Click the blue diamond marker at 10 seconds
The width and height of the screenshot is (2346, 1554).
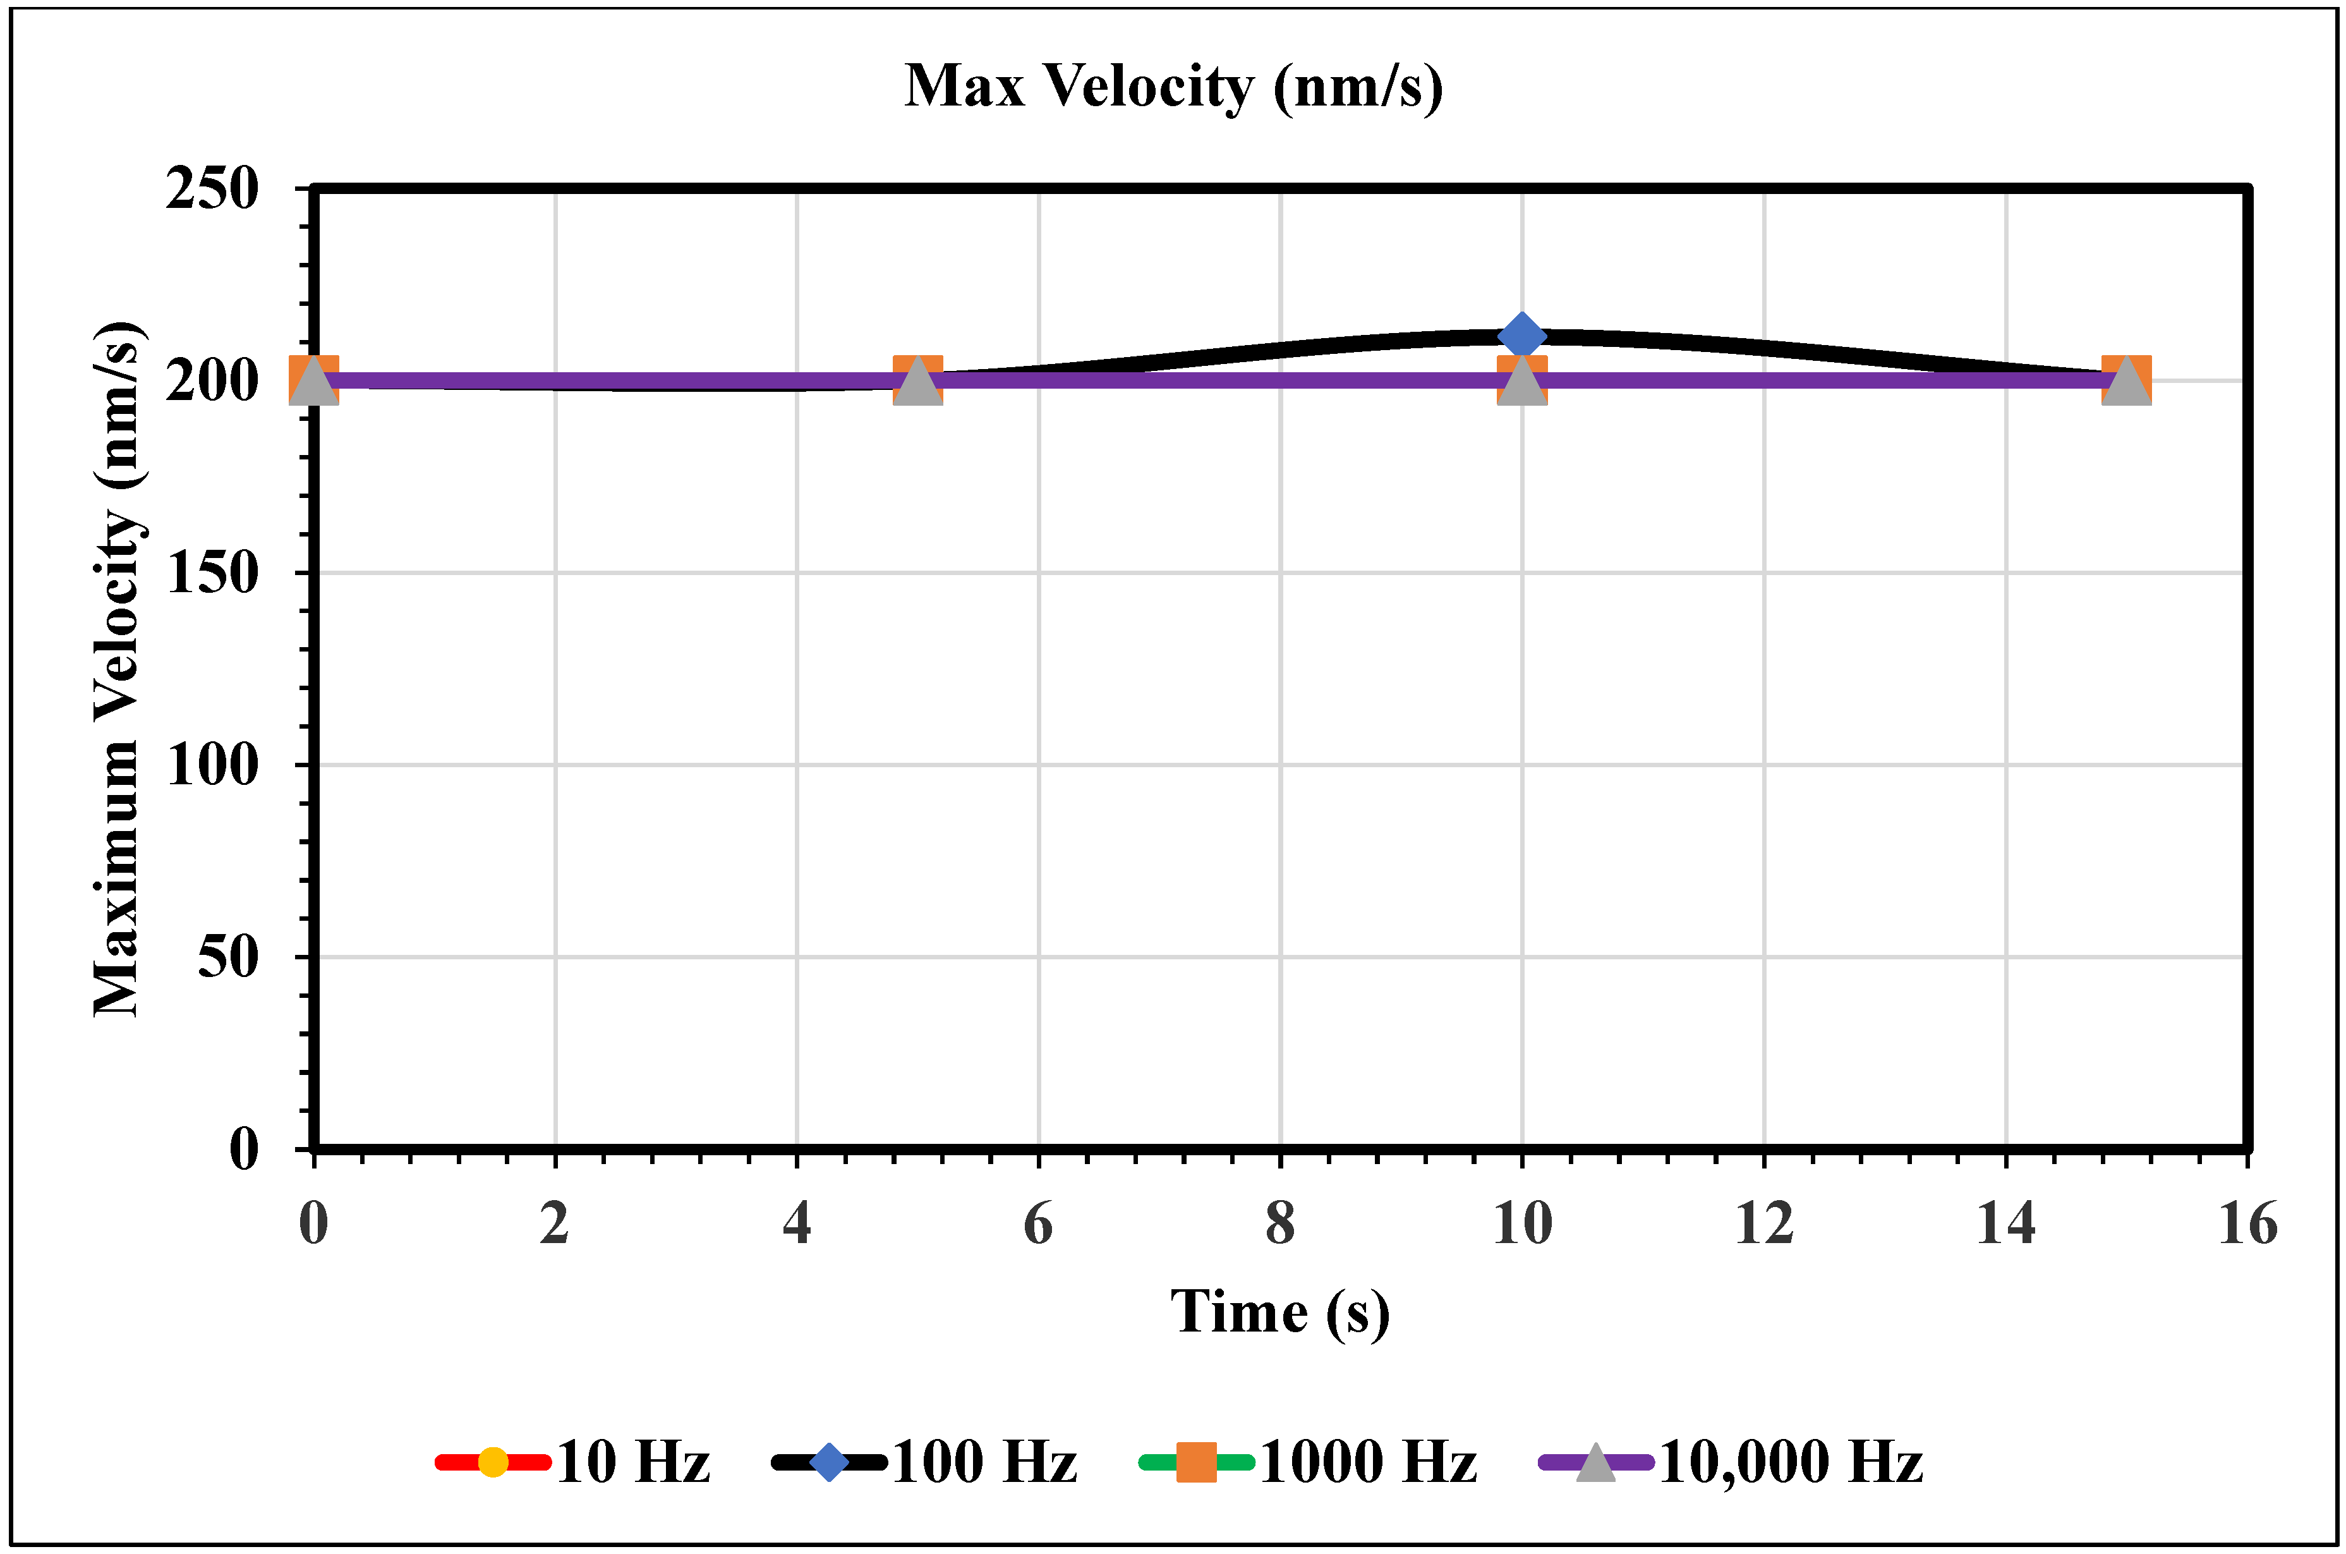1521,336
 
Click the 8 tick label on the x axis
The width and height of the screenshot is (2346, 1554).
1280,1224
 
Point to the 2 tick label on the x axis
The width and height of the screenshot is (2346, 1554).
555,1224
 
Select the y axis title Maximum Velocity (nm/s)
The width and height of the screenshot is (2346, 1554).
119,669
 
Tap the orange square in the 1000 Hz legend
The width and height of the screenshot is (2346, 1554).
1196,1463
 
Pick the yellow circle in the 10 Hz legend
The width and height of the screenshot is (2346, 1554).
492,1463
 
